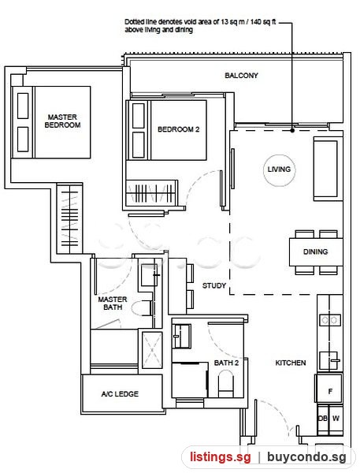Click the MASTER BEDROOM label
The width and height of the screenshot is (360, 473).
[62, 121]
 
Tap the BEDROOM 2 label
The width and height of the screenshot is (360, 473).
[179, 129]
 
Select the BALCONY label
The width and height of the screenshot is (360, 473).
[241, 76]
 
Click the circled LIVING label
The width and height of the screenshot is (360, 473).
[279, 169]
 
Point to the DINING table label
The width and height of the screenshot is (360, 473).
[315, 251]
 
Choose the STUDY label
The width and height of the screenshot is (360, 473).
[214, 285]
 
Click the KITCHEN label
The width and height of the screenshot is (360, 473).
[291, 363]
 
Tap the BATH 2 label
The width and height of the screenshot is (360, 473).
[226, 363]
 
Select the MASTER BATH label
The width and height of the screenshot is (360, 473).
[113, 304]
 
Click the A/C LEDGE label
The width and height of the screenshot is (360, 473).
[120, 393]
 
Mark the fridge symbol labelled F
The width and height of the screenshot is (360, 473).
[329, 392]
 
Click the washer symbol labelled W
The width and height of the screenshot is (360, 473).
[336, 419]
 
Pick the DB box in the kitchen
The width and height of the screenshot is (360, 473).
[323, 419]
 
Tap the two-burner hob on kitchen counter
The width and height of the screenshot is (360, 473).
[330, 320]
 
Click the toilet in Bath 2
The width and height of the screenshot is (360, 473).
[225, 384]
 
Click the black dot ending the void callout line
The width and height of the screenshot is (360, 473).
[292, 131]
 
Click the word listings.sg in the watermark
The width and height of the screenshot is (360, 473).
[220, 457]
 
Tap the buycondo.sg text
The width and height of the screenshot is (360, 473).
[306, 457]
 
